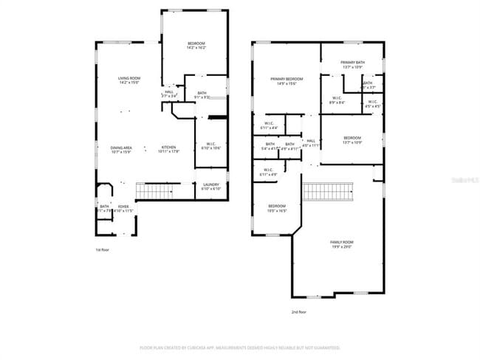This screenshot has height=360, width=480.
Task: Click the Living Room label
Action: (129, 80)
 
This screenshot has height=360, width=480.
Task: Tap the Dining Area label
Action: (121, 150)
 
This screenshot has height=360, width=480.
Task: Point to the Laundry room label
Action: (211, 187)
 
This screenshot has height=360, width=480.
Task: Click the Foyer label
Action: (123, 209)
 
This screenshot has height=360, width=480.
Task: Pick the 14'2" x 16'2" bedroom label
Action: (195, 46)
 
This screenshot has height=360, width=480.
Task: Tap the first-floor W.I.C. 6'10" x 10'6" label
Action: (210, 145)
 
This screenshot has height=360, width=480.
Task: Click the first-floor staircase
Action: (157, 192)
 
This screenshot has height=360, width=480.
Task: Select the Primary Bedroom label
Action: (287, 81)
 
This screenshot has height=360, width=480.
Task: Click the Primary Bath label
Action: (352, 65)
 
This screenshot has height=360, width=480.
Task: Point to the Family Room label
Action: (341, 244)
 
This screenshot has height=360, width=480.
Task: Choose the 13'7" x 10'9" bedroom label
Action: (352, 140)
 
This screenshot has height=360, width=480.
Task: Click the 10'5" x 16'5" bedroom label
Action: (277, 208)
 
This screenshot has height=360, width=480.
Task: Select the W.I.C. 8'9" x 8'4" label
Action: (336, 101)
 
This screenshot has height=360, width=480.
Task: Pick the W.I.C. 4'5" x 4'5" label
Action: (372, 104)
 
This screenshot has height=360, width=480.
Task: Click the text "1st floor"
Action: (103, 249)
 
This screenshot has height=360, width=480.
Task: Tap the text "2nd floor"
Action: (299, 311)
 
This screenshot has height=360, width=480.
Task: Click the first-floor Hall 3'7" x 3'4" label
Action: (169, 94)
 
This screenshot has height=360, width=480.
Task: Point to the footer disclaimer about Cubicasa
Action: (240, 347)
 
